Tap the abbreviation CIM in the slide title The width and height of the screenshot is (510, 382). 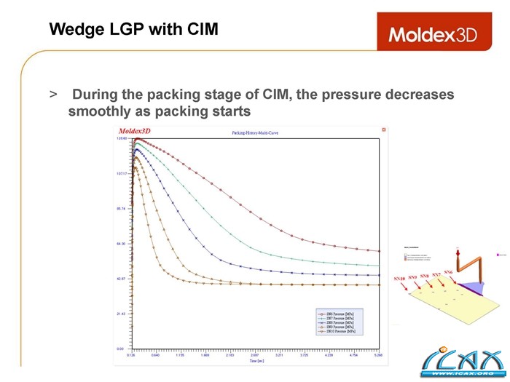(x=199, y=30)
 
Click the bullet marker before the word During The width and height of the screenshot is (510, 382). (x=53, y=95)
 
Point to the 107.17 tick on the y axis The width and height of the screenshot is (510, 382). (x=120, y=173)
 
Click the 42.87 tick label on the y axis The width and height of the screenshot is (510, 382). (x=121, y=279)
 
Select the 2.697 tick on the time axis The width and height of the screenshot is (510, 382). (x=254, y=356)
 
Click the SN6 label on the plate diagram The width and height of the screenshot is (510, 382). (x=449, y=272)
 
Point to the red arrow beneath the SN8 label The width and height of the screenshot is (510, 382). (x=427, y=286)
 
